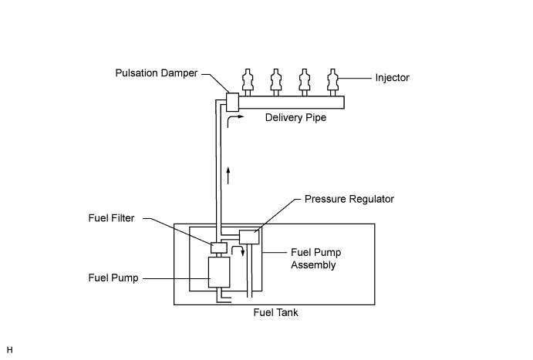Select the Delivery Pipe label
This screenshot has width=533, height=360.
(x=296, y=118)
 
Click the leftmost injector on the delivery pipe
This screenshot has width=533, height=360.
(x=248, y=81)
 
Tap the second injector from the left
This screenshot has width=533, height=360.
(x=275, y=81)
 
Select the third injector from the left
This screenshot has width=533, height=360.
(x=304, y=81)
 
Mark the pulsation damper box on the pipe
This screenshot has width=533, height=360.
(x=232, y=102)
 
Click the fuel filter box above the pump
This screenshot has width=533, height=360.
(x=218, y=247)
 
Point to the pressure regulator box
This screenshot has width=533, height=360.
(x=250, y=236)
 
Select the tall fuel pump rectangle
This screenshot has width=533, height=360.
(x=220, y=273)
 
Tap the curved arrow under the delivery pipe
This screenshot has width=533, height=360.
(x=234, y=119)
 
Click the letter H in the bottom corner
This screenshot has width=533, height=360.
(x=9, y=352)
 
